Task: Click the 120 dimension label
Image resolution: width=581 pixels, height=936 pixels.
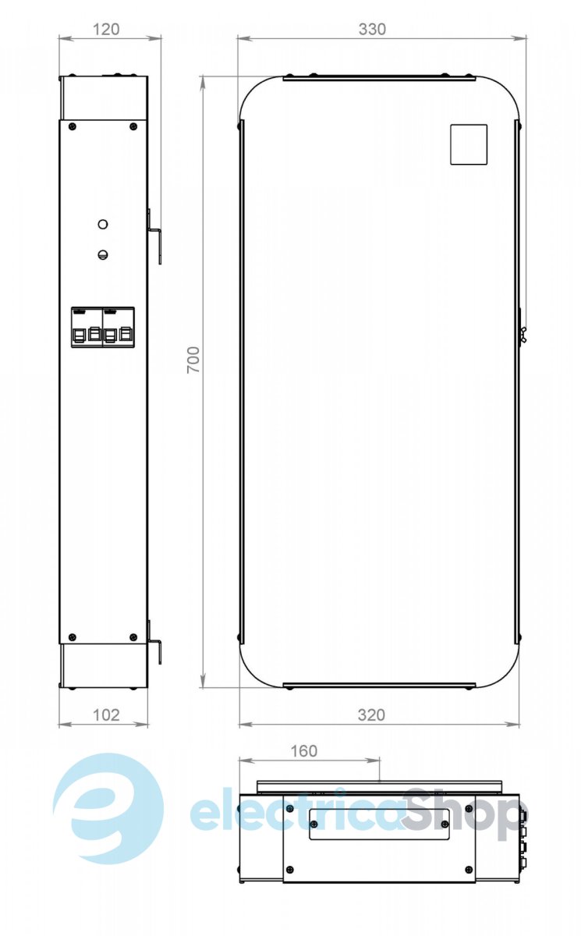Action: (x=106, y=30)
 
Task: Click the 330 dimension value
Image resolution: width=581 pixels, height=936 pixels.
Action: (x=372, y=30)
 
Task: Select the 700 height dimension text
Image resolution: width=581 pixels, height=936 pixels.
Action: (x=193, y=360)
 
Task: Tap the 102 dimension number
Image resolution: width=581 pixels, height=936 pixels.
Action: (x=106, y=715)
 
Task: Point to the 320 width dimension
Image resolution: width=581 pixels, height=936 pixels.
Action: (x=371, y=715)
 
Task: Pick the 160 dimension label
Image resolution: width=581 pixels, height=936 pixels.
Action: (x=303, y=751)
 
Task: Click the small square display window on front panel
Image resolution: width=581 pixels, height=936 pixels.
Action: (x=468, y=144)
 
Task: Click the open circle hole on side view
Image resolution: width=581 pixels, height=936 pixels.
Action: (x=103, y=225)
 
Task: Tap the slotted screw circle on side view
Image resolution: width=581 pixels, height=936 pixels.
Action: (x=103, y=254)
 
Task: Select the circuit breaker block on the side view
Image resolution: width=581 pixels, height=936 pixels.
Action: (x=103, y=327)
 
